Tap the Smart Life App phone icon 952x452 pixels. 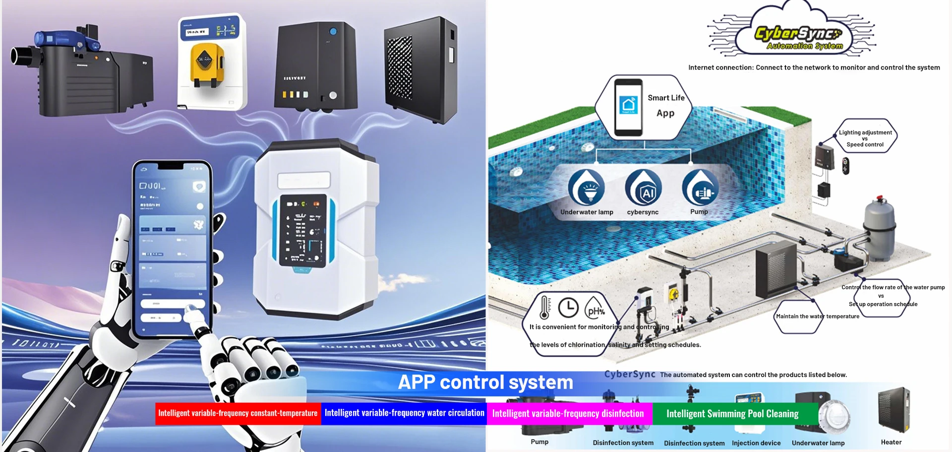tap(628, 107)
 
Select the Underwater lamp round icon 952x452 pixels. tap(587, 188)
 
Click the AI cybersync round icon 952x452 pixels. tap(643, 188)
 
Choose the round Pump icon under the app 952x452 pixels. tap(700, 188)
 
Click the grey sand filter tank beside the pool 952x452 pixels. tap(880, 228)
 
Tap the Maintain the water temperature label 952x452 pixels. tap(818, 316)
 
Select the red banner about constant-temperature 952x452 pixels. tap(238, 413)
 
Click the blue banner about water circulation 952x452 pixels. tap(404, 413)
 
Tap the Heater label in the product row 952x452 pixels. tap(891, 442)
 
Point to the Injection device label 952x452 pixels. tap(756, 443)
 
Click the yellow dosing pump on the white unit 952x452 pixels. tap(205, 62)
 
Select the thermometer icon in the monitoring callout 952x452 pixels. tap(544, 308)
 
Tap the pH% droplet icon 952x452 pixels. tap(595, 308)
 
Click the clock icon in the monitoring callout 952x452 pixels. tap(568, 308)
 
